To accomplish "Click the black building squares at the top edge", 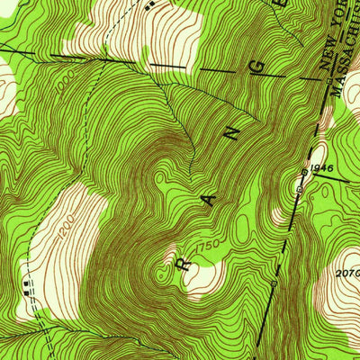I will point(151,4).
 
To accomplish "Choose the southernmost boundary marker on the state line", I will point(274,284).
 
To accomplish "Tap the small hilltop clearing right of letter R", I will point(202,274).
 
